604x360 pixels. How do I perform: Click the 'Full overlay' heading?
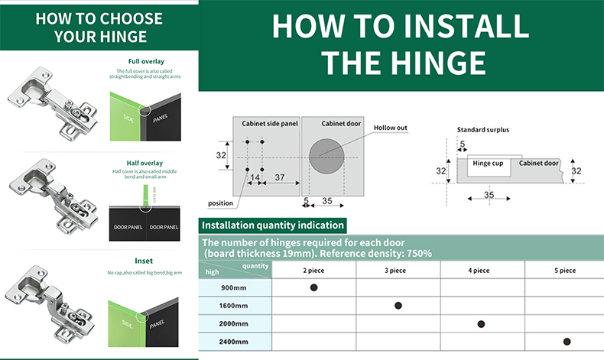(x=145, y=61)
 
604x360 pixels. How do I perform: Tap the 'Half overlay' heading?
(x=145, y=163)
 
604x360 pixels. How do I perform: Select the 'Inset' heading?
(x=144, y=261)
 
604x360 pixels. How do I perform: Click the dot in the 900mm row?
(x=313, y=287)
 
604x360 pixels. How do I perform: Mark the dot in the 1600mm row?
(x=398, y=306)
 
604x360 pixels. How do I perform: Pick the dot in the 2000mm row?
(x=481, y=324)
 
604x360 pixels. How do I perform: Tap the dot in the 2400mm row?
(x=567, y=342)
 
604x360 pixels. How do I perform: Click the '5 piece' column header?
(x=566, y=271)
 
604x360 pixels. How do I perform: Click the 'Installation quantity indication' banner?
(x=272, y=225)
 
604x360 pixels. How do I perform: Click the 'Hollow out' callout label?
(x=391, y=128)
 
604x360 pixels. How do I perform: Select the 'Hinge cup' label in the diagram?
(x=487, y=164)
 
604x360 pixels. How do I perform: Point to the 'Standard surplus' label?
(x=483, y=130)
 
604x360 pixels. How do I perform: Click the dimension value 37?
(x=280, y=177)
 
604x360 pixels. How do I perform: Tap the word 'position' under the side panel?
(x=220, y=203)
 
